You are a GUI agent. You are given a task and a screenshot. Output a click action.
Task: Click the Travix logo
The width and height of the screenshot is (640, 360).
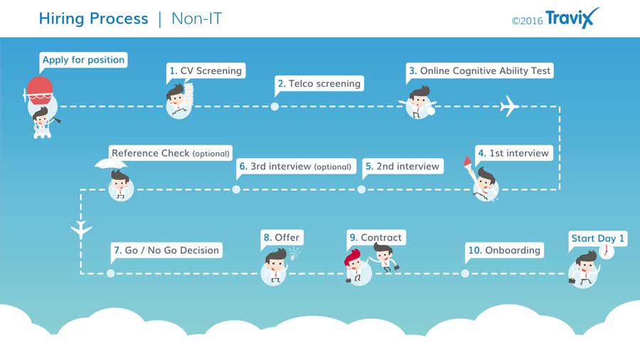pos(572,18)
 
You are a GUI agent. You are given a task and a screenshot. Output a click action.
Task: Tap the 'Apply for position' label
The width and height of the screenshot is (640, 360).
pos(84,60)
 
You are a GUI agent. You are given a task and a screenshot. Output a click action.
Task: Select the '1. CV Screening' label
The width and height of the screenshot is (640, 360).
pos(206,70)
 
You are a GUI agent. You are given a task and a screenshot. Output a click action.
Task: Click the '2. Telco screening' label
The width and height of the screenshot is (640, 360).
pos(319,84)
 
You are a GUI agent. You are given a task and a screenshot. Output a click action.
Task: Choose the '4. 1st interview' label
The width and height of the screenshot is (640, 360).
pos(514,153)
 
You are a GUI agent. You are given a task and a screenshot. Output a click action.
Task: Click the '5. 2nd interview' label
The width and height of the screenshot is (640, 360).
pos(402,166)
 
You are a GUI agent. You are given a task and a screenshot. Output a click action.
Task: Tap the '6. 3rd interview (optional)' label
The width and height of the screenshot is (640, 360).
pos(296,166)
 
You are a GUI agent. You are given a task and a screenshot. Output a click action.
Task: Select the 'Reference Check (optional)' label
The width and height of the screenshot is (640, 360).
pos(171,153)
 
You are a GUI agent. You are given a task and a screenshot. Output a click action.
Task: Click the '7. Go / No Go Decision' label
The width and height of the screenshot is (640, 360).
pos(166,250)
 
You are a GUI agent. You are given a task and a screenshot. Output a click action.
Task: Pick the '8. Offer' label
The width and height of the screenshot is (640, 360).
pos(282,238)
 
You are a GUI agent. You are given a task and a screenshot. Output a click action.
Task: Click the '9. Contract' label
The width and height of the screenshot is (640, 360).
pos(376,238)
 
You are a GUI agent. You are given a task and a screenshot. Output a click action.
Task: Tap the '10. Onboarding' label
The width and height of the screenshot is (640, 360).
pos(504,250)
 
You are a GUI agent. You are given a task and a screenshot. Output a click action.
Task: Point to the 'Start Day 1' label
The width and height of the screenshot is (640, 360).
pos(598,238)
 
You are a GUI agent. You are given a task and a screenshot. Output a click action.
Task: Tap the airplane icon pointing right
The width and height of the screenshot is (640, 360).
pos(509,106)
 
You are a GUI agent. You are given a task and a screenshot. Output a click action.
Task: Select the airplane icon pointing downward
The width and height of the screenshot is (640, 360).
pos(81,229)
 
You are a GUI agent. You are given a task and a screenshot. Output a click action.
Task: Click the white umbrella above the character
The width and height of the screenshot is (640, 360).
pos(111,164)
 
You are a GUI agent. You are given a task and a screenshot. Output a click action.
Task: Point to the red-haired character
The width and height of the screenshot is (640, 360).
pos(354,265)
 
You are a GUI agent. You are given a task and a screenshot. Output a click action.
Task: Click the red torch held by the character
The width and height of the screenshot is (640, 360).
pos(468,162)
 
